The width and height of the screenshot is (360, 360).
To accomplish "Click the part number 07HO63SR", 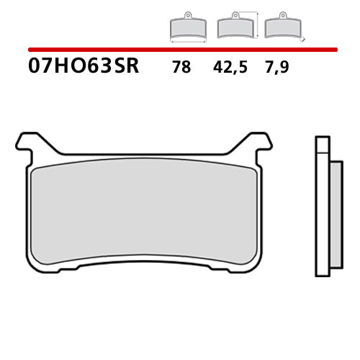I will click(84, 68).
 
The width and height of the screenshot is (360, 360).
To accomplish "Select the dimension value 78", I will click(181, 68).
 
